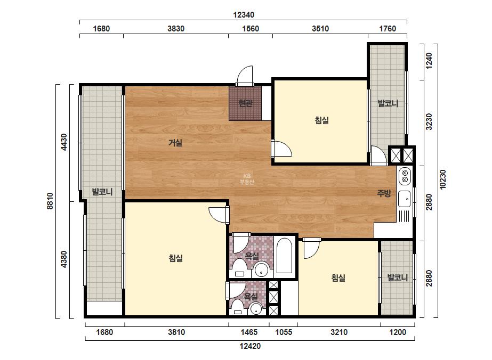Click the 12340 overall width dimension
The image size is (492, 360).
pyautogui.click(x=244, y=15)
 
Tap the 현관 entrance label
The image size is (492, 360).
pyautogui.click(x=245, y=103)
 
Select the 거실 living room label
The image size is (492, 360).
pyautogui.click(x=175, y=143)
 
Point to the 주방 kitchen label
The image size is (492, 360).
pyautogui.click(x=384, y=193)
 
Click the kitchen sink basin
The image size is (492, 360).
pyautogui.click(x=404, y=199)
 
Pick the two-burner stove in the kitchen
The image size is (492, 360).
pyautogui.click(x=405, y=176)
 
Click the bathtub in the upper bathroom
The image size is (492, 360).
pyautogui.click(x=285, y=256)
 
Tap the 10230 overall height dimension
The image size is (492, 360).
pyautogui.click(x=442, y=179)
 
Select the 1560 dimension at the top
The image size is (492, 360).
pyautogui.click(x=251, y=29)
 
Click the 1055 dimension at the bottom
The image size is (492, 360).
pyautogui.click(x=284, y=332)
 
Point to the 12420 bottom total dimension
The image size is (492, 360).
pyautogui.click(x=250, y=346)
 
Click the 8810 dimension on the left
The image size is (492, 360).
pyautogui.click(x=50, y=201)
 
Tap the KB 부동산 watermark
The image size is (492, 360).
pyautogui.click(x=247, y=179)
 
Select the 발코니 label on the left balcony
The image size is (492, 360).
pyautogui.click(x=102, y=192)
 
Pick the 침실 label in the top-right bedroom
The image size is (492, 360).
pyautogui.click(x=321, y=120)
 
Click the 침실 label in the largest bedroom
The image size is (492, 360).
pyautogui.click(x=176, y=258)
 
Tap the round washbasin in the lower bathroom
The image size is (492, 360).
pyautogui.click(x=256, y=309)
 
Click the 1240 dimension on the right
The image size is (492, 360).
pyautogui.click(x=429, y=61)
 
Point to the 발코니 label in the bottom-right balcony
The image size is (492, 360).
pyautogui.click(x=397, y=277)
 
